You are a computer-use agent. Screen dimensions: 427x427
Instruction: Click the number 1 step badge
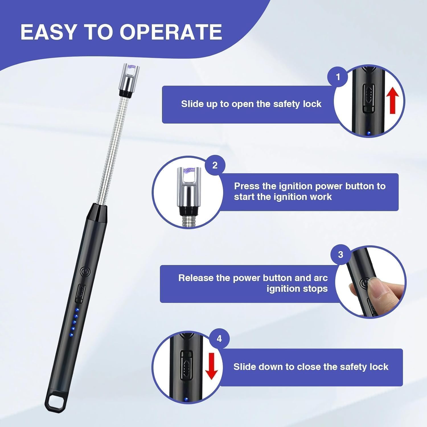point(338,77)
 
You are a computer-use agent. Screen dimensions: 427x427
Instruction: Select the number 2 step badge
point(215,165)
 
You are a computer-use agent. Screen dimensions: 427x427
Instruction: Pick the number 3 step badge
point(340,254)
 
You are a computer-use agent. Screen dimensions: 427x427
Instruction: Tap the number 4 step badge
point(219,338)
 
